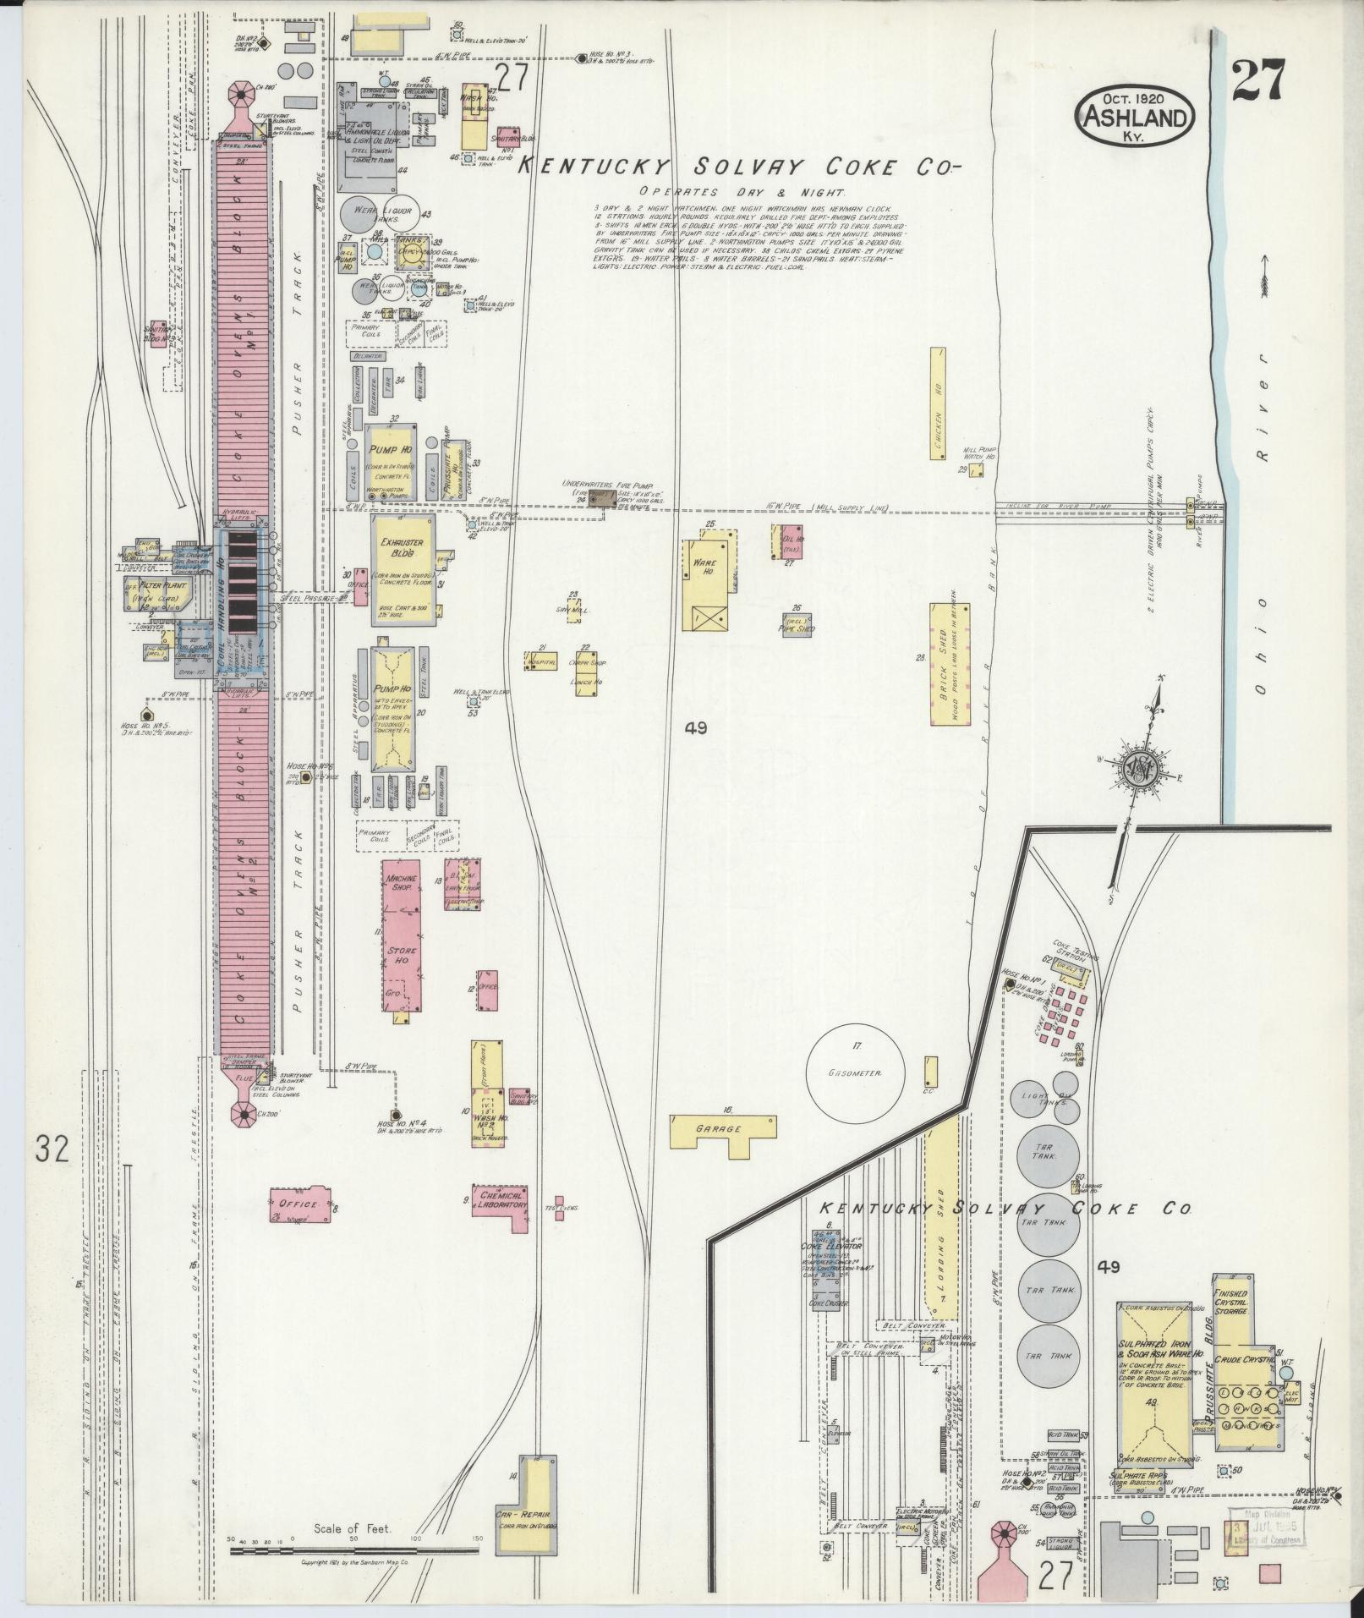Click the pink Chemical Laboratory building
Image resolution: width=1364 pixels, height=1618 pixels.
coord(500,1202)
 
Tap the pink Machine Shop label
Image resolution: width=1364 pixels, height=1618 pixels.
coord(401,885)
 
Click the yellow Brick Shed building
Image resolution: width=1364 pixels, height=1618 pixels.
coord(949,663)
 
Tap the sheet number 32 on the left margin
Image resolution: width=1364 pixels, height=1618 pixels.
coord(52,1149)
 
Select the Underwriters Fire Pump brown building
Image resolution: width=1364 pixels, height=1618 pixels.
coord(603,500)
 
